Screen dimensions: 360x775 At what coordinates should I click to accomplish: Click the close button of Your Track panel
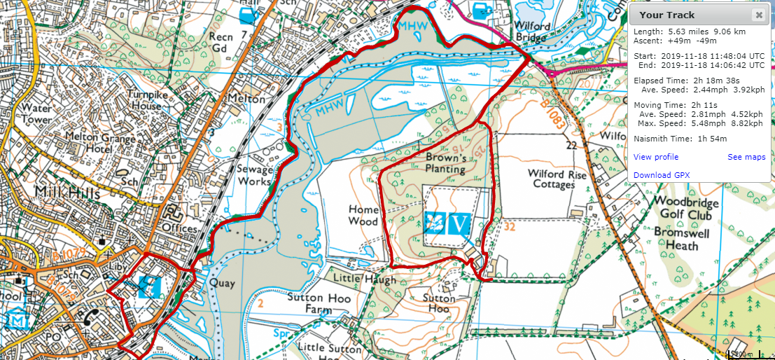point(758,15)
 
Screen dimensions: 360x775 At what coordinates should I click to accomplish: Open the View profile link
point(655,157)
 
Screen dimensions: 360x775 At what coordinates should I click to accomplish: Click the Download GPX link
point(661,175)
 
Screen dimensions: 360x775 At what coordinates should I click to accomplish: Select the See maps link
point(746,157)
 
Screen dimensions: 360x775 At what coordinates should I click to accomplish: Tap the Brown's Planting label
point(445,163)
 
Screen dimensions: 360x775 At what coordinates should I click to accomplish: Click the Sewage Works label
point(255,175)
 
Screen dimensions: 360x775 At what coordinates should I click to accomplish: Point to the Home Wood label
point(364,215)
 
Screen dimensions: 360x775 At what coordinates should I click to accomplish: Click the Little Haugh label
point(364,279)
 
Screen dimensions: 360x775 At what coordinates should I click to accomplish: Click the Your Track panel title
point(667,15)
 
